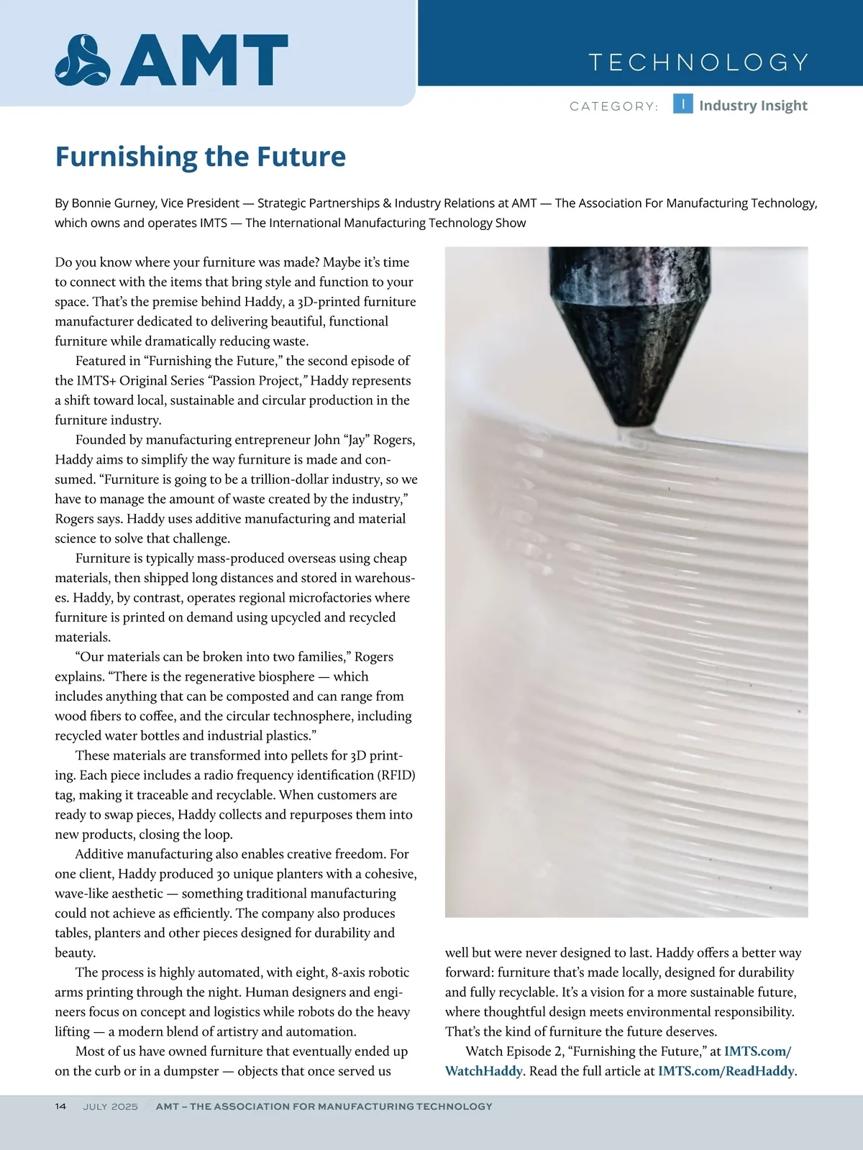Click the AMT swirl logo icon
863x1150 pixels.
tap(83, 60)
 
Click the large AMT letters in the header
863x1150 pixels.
tap(205, 60)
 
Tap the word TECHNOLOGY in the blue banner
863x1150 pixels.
tap(698, 63)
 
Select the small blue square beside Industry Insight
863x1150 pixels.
tap(682, 104)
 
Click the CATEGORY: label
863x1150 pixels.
tap(613, 106)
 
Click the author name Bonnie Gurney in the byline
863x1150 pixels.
tap(113, 203)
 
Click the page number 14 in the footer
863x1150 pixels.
tap(61, 1106)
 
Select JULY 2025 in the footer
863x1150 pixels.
tap(110, 1106)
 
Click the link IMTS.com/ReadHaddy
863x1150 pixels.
tap(726, 1071)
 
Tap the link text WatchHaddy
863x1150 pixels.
tap(483, 1071)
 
